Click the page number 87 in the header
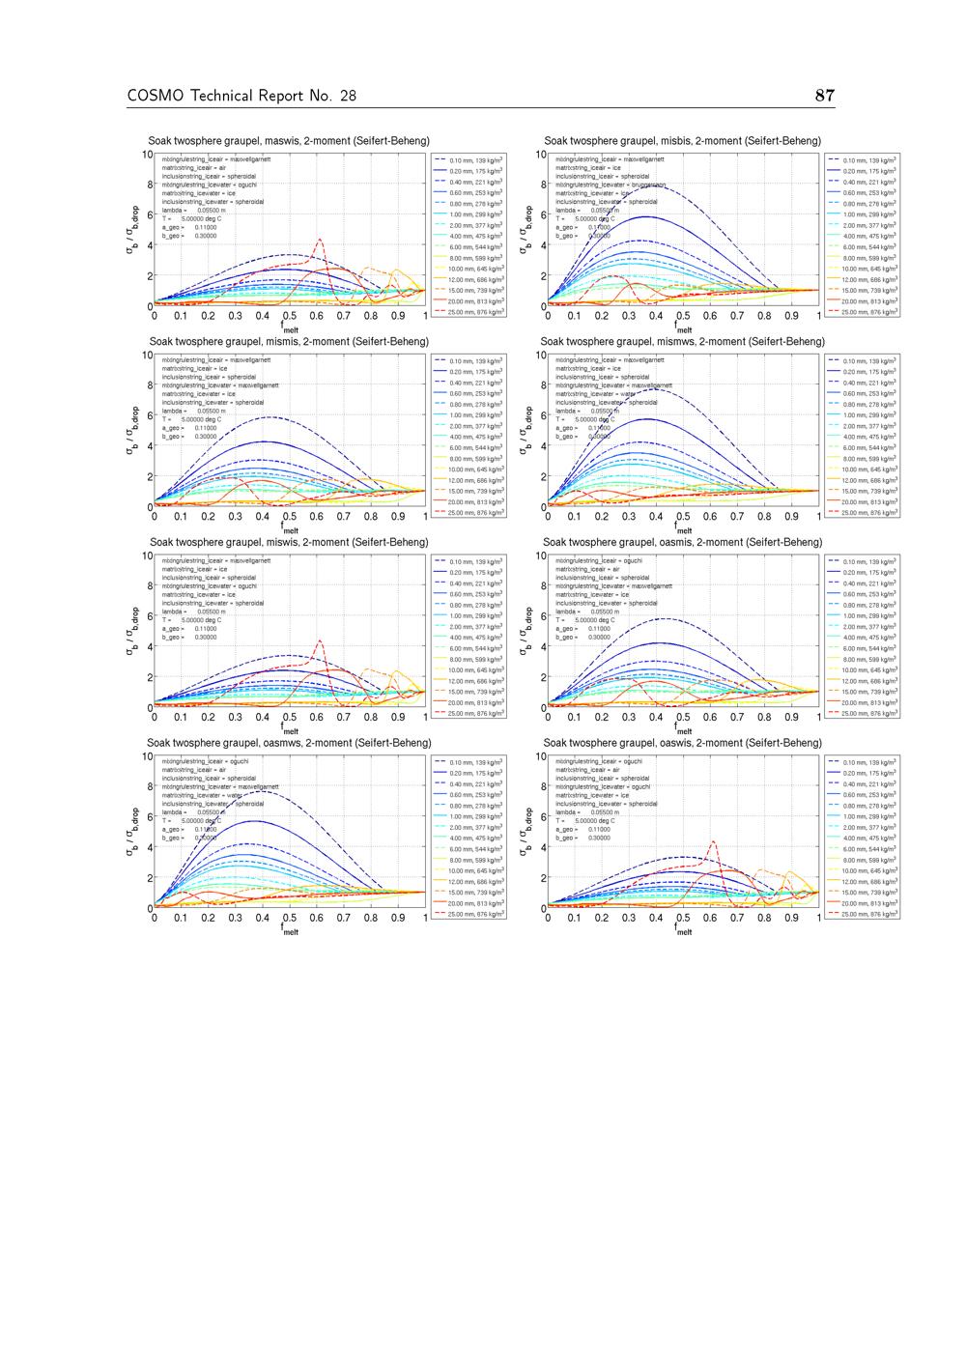[824, 95]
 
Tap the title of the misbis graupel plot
[683, 141]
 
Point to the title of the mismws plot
[683, 341]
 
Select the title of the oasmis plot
[683, 542]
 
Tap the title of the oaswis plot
[683, 743]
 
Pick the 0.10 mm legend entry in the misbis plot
[869, 160]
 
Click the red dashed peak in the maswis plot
[320, 240]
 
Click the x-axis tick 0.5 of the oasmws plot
[290, 919]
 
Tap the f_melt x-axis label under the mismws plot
[683, 528]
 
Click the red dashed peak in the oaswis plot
[713, 842]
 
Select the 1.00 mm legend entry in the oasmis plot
[869, 615]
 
